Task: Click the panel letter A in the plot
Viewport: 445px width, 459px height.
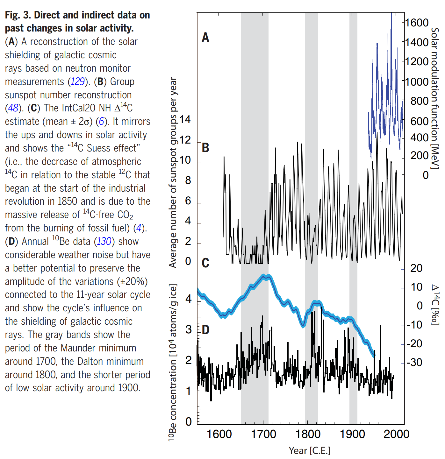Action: [205, 38]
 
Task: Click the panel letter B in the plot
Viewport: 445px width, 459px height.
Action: [205, 148]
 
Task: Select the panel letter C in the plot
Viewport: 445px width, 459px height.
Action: [205, 263]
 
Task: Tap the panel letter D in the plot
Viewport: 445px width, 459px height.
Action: [205, 330]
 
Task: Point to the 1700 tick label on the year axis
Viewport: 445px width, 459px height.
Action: [263, 434]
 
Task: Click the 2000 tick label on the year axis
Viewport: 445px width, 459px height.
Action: [396, 434]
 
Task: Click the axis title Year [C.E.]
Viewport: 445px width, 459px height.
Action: [309, 451]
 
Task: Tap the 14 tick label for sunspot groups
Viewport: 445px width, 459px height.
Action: [185, 120]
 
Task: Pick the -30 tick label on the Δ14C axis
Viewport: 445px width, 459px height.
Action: [414, 363]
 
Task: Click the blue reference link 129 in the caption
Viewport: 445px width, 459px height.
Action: [77, 82]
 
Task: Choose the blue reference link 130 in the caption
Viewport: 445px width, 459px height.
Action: [104, 242]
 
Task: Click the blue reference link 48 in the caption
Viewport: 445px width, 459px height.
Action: [13, 108]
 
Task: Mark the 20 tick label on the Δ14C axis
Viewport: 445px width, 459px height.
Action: [416, 268]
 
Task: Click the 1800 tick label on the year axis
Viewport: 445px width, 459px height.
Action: [308, 434]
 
